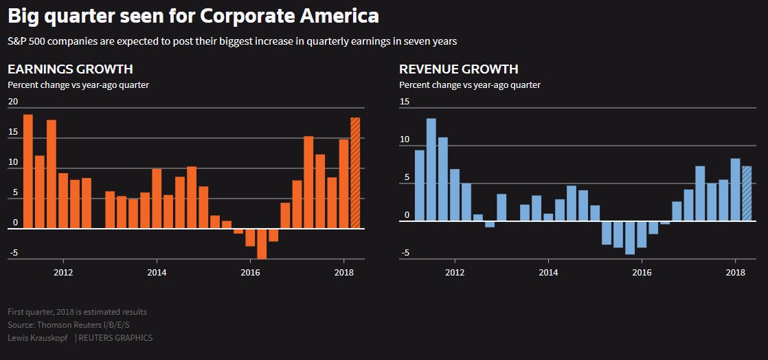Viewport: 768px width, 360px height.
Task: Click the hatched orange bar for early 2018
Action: point(355,173)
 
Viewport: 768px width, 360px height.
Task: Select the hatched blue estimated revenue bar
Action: point(747,194)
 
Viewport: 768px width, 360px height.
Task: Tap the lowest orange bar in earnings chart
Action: point(262,244)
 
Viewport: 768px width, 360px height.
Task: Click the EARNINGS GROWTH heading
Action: point(70,69)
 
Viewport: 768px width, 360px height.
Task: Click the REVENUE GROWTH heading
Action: point(459,69)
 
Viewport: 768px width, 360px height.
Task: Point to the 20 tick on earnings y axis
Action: point(13,102)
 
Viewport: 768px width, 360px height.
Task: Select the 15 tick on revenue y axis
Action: point(404,102)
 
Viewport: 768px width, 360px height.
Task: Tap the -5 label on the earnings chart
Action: point(13,254)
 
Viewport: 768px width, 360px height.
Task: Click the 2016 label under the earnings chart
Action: point(250,272)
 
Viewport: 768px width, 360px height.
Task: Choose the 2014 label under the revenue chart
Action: point(548,272)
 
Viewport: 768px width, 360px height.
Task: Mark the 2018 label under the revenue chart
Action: point(735,272)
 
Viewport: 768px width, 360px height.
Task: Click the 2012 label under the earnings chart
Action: point(63,272)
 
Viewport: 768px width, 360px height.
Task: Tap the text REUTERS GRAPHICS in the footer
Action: point(115,338)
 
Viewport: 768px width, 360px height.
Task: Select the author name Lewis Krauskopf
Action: point(38,338)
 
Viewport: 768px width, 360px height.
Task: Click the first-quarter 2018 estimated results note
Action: point(77,312)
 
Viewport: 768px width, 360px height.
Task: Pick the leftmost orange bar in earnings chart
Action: point(28,171)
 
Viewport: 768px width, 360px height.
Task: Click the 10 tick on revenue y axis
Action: point(404,140)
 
